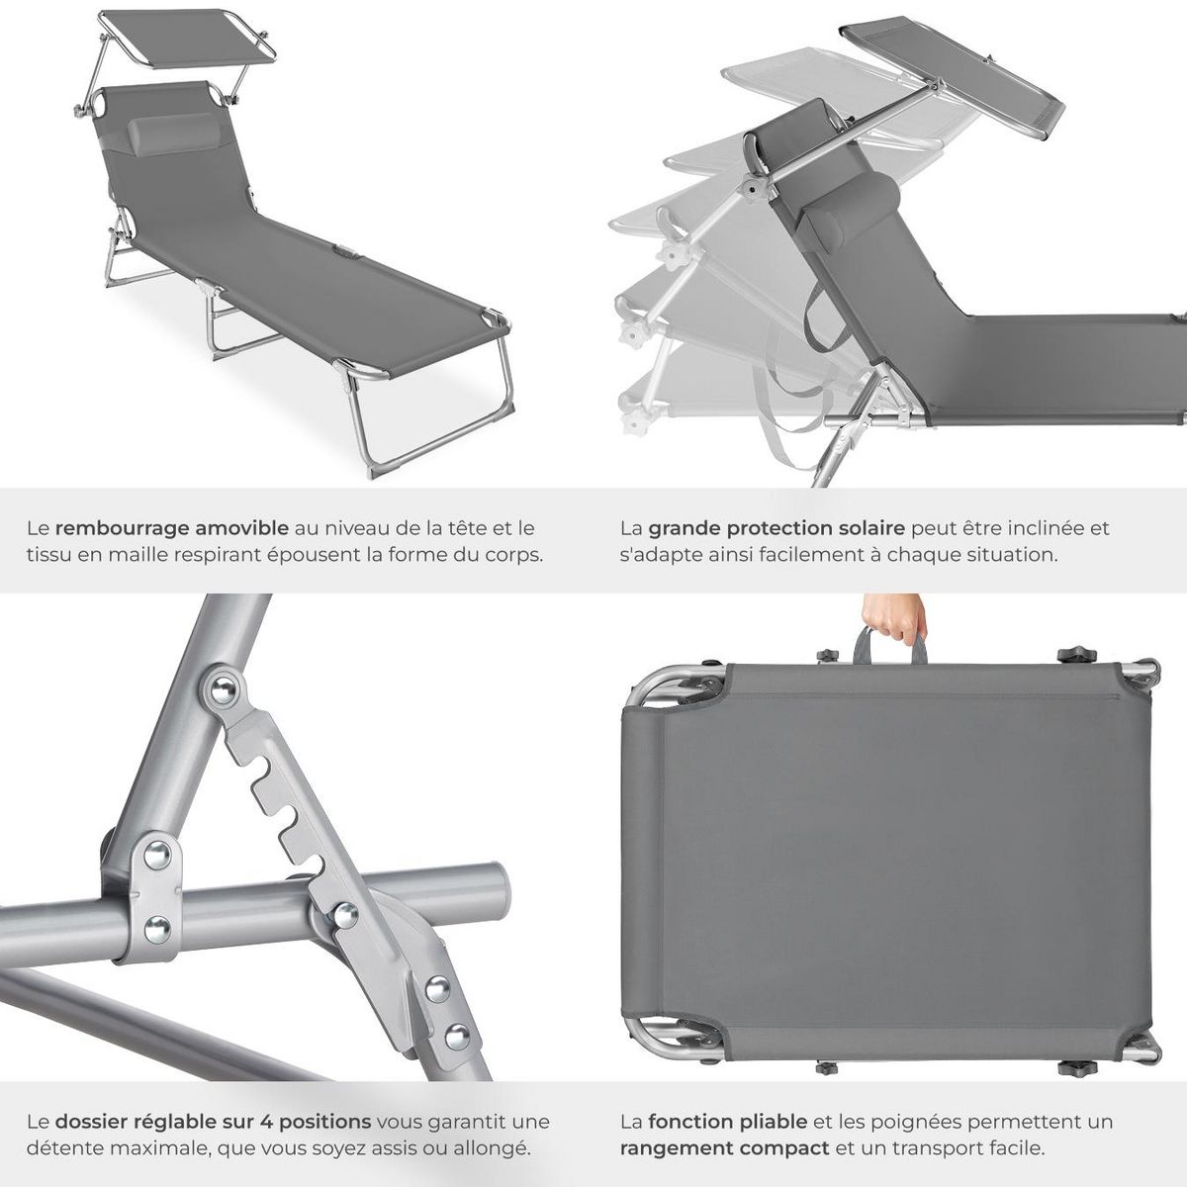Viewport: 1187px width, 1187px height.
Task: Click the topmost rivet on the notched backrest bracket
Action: click(227, 686)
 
